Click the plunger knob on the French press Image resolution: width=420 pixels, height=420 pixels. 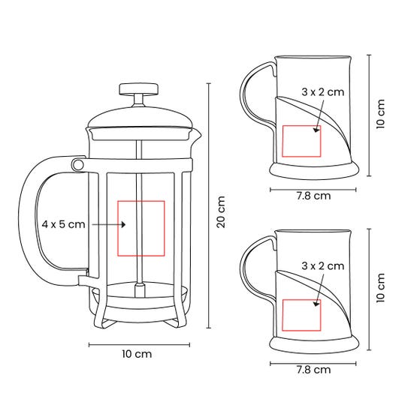(138, 89)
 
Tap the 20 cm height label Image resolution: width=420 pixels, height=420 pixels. (221, 211)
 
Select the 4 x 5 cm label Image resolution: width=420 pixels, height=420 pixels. (63, 224)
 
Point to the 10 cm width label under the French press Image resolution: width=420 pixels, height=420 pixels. (137, 354)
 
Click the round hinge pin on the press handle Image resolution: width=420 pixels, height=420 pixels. (77, 164)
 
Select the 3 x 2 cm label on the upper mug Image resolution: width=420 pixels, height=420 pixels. (323, 91)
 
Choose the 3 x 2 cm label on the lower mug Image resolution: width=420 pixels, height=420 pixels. (323, 265)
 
